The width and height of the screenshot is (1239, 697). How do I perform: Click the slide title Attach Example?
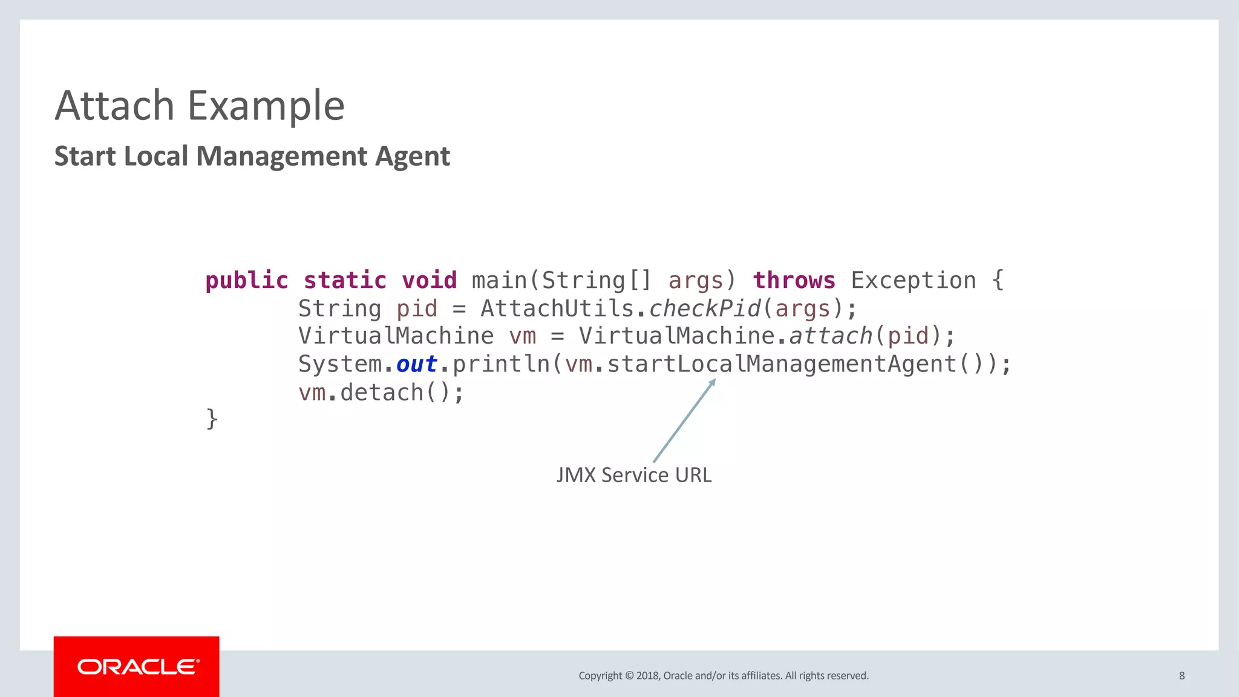point(200,106)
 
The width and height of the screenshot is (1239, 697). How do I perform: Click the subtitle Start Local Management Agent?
point(252,156)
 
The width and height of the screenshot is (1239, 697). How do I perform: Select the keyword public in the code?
point(247,281)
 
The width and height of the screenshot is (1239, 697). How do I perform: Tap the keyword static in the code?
point(345,281)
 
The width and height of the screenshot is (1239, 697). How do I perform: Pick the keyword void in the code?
point(429,281)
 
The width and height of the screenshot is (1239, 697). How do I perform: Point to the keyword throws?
point(794,281)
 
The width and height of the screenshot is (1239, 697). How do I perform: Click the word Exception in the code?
point(914,281)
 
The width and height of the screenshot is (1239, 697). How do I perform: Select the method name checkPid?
point(705,309)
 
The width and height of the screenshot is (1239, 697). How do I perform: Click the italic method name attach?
point(830,336)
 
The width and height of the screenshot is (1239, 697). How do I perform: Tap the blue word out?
point(416,364)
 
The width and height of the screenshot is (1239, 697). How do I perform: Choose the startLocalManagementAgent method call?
point(782,364)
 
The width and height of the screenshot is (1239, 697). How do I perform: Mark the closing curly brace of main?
point(212,419)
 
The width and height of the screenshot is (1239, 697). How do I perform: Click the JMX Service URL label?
point(633,475)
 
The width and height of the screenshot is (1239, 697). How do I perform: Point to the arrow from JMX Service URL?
point(684,421)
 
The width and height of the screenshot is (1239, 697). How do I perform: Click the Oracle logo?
point(137,667)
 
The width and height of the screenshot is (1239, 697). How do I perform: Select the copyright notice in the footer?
point(723,676)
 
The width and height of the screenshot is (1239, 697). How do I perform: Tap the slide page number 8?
point(1182,676)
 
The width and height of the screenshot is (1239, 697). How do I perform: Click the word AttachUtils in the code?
point(557,309)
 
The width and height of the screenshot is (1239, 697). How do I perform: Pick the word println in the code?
point(501,364)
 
